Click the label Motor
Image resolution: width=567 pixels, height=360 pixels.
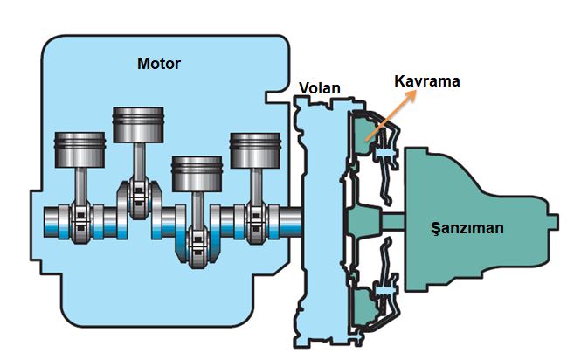point(158,63)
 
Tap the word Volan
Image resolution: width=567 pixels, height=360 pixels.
point(319,87)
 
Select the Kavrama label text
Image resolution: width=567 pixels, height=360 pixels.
point(426,81)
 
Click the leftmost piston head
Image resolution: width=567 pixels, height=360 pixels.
point(80,151)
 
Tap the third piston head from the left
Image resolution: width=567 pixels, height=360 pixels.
point(197,173)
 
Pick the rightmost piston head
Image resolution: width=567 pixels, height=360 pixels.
point(254,150)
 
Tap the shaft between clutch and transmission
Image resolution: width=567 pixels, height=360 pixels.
point(392,218)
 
